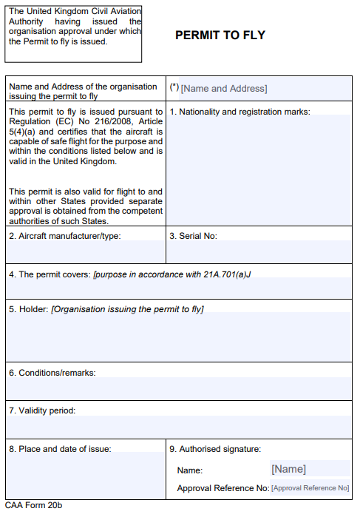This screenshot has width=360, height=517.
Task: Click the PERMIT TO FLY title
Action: [220, 36]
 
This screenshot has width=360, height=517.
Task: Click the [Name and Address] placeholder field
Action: [224, 89]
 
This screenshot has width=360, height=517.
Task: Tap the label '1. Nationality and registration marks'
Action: [240, 112]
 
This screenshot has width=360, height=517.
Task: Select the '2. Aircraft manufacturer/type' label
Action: [65, 237]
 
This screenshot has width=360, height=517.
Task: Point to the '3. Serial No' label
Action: [193, 237]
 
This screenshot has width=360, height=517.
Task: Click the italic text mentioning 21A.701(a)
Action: [177, 274]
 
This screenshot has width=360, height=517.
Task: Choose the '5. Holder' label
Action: [28, 308]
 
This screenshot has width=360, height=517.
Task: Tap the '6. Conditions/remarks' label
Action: [52, 373]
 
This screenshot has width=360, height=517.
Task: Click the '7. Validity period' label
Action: [42, 410]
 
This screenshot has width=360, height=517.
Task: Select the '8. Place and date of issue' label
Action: [60, 449]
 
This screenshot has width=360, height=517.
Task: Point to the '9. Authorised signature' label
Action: [215, 449]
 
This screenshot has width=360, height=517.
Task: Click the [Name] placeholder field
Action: [288, 469]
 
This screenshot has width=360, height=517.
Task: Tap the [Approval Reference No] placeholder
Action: [310, 488]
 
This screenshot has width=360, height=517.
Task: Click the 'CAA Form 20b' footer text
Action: [34, 506]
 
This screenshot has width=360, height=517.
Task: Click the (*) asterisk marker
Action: [174, 87]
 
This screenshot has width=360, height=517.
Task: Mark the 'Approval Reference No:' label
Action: [223, 488]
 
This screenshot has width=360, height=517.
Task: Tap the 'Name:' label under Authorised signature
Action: [189, 470]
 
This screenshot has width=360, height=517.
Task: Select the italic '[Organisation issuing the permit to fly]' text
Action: [127, 308]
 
